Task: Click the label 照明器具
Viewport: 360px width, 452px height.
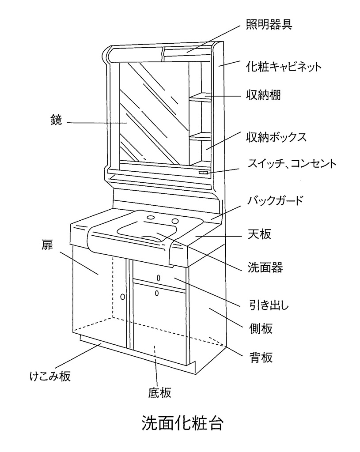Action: point(269,24)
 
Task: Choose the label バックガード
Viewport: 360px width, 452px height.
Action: point(276,200)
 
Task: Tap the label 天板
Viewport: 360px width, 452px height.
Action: point(258,234)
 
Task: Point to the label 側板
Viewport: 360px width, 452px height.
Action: point(259,328)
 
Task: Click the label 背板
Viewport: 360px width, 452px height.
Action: point(259,357)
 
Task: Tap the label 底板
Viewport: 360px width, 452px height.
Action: point(159,392)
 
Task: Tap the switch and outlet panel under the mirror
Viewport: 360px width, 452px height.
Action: point(203,173)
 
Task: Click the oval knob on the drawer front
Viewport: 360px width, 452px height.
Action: point(159,278)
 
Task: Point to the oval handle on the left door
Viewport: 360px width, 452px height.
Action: point(123,296)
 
